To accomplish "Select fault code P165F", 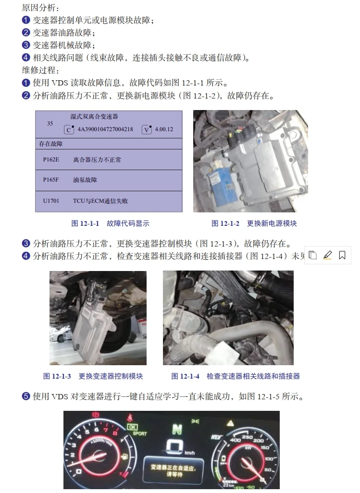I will pos(50,180).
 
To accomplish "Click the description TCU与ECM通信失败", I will pos(100,201).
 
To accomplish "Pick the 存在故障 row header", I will pos(51,144).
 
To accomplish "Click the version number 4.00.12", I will pos(164,129).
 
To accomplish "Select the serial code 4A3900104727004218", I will pos(105,129).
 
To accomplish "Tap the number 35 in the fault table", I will pos(50,123).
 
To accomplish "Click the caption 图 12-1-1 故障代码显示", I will pos(110,223).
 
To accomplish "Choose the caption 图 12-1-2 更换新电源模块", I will pos(254,223).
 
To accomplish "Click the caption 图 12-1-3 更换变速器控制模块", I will pos(93,376).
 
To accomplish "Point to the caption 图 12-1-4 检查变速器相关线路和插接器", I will pos(235,376).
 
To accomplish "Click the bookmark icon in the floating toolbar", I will pos(342,255).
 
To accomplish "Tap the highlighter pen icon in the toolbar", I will pos(327,255).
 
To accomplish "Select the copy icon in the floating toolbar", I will pos(312,255).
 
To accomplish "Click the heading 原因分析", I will pos(41,8).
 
